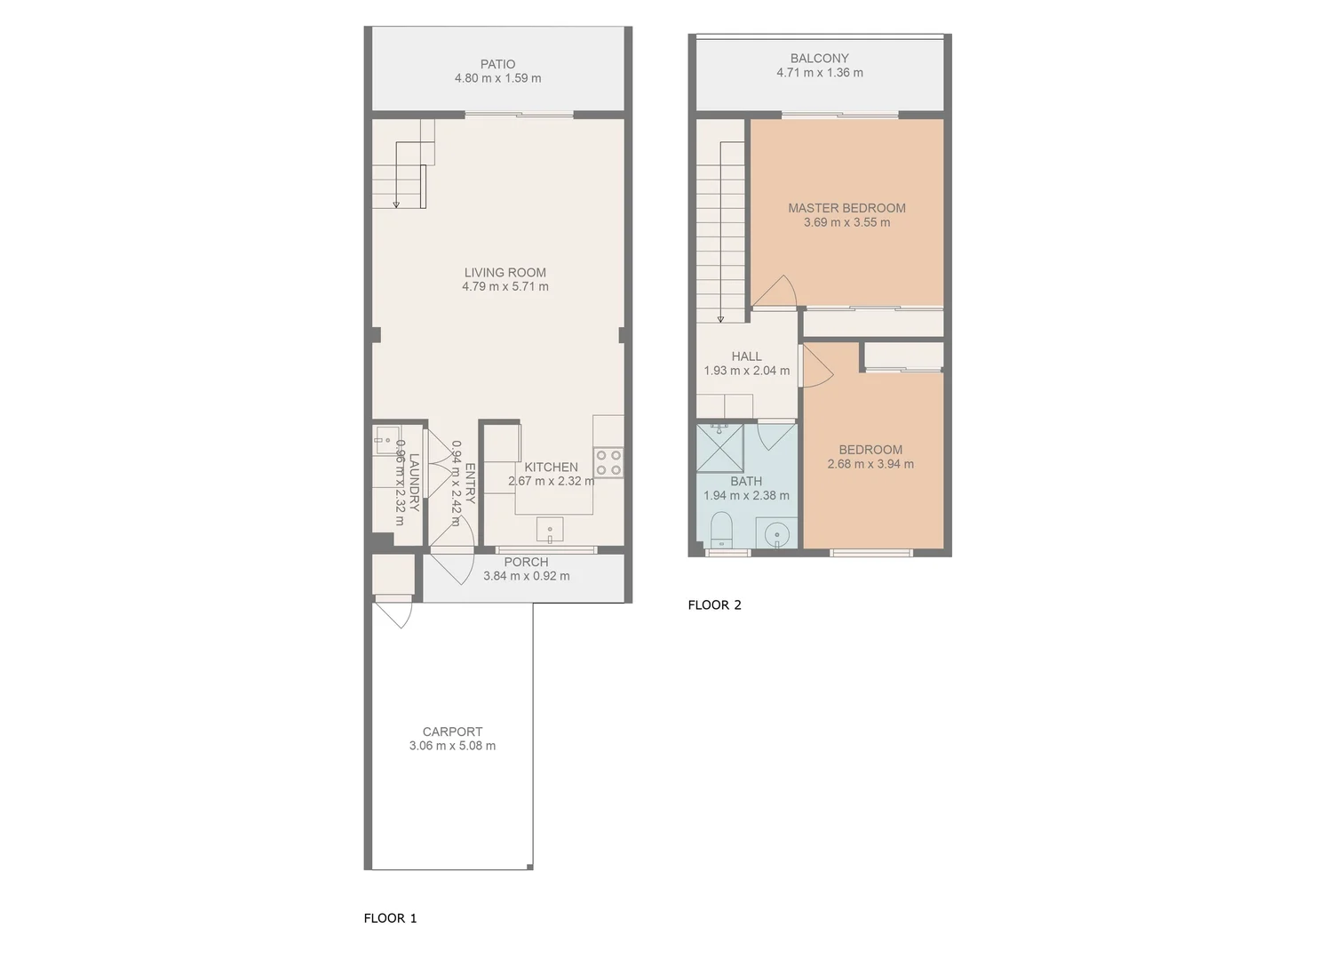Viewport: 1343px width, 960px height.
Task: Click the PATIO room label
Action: tap(497, 64)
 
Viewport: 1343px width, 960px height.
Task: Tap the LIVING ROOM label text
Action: tap(505, 273)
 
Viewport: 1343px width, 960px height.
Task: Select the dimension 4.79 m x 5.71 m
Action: tap(505, 287)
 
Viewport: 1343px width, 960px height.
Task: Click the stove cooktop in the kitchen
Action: tap(608, 463)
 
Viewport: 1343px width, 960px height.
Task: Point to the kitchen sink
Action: tap(550, 531)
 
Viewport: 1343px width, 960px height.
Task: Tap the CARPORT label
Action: tap(452, 732)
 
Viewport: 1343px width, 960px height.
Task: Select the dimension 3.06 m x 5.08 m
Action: tap(452, 747)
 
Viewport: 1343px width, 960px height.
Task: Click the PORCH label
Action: tap(526, 562)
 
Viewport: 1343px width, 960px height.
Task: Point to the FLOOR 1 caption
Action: tap(390, 918)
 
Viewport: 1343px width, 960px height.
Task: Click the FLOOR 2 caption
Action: tap(714, 605)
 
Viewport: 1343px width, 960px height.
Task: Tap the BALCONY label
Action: tap(819, 59)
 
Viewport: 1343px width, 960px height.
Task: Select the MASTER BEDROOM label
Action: tap(846, 208)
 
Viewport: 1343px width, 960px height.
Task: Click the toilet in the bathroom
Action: tap(721, 531)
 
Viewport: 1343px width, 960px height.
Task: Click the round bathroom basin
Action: tap(777, 535)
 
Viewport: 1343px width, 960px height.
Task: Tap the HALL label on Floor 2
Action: tap(746, 356)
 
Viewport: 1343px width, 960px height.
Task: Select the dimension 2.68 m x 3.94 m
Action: tap(870, 464)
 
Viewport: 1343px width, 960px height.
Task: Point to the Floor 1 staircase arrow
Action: tap(396, 203)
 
